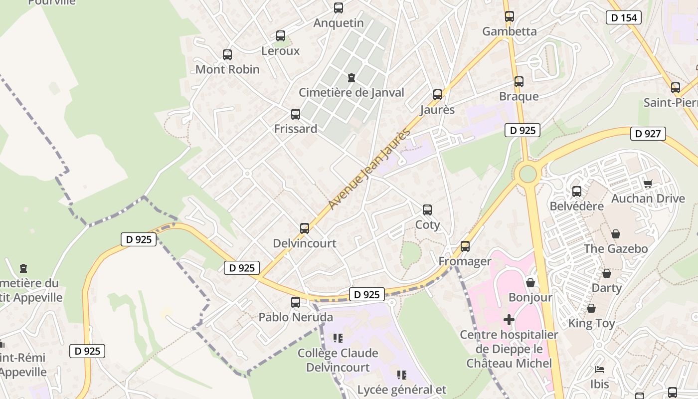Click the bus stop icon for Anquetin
[339, 8]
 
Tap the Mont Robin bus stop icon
[227, 55]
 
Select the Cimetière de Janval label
[351, 92]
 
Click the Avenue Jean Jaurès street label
[369, 169]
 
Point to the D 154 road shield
[623, 17]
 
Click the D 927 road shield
[648, 133]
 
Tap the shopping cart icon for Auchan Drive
[648, 184]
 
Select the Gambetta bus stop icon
[509, 16]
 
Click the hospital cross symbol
[509, 319]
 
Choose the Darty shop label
[606, 288]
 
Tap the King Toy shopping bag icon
[591, 309]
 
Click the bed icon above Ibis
[600, 370]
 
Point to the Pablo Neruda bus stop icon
[296, 302]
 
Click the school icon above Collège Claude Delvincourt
[338, 338]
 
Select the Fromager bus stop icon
[465, 246]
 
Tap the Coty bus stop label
[427, 224]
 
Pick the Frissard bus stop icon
[296, 114]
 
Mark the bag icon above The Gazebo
[616, 234]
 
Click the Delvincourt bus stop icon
[305, 228]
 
